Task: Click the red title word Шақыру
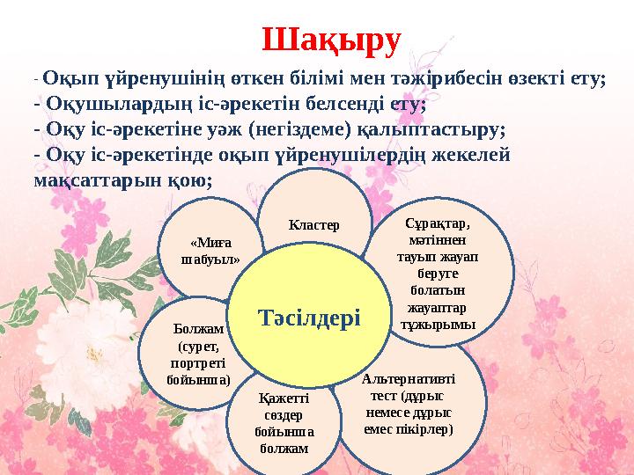tap(331, 40)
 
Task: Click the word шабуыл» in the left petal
tap(209, 259)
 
